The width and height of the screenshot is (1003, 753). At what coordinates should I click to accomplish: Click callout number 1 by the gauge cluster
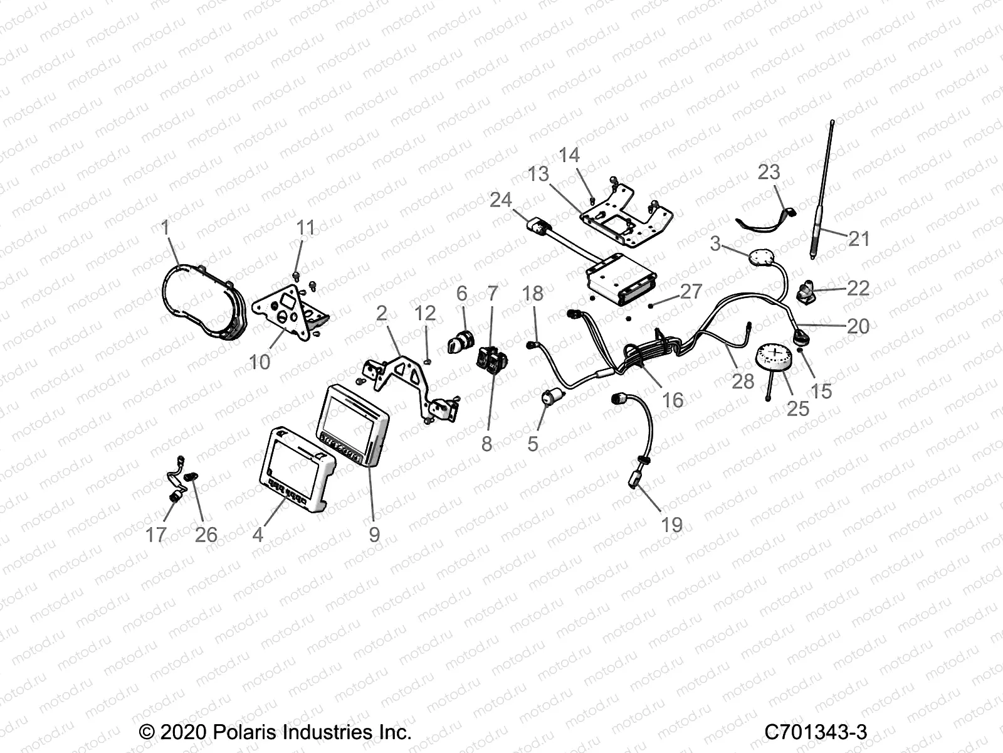pyautogui.click(x=165, y=227)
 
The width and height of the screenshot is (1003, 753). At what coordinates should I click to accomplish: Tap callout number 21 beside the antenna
pyautogui.click(x=859, y=239)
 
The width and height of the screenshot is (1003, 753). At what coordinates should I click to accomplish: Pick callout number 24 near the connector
pyautogui.click(x=500, y=200)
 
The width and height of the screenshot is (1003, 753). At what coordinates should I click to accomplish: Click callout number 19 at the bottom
pyautogui.click(x=672, y=525)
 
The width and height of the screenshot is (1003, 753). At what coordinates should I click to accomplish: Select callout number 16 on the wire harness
pyautogui.click(x=673, y=400)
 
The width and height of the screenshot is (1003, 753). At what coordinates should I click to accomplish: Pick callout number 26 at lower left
pyautogui.click(x=206, y=535)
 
